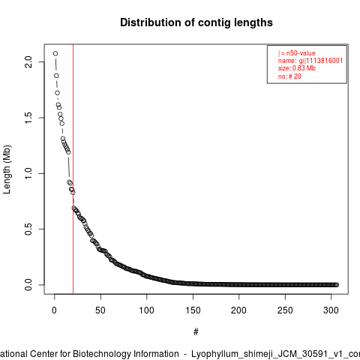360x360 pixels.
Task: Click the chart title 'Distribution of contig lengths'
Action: (196, 22)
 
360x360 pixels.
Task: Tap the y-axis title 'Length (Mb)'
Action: (7, 169)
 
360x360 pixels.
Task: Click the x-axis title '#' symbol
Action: (196, 332)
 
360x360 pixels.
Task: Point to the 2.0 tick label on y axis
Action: (28, 61)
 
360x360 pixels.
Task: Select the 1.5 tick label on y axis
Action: (28, 118)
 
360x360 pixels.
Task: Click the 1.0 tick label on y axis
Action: (28, 173)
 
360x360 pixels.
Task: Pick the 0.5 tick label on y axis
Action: (28, 229)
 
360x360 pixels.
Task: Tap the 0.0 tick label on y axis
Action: (28, 284)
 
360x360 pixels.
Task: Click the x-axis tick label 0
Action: (54, 310)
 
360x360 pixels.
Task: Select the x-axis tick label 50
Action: (100, 310)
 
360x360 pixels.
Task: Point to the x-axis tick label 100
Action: (146, 310)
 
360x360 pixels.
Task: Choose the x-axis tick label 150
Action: (193, 310)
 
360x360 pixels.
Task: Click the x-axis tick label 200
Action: (238, 310)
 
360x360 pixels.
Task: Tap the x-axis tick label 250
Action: (285, 310)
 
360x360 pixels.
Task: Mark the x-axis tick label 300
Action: (331, 310)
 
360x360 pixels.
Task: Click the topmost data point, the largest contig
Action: (55, 53)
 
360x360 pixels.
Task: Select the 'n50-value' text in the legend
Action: (301, 53)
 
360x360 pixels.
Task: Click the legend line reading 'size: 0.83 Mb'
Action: (297, 68)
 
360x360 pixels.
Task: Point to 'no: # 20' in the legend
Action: (289, 76)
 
